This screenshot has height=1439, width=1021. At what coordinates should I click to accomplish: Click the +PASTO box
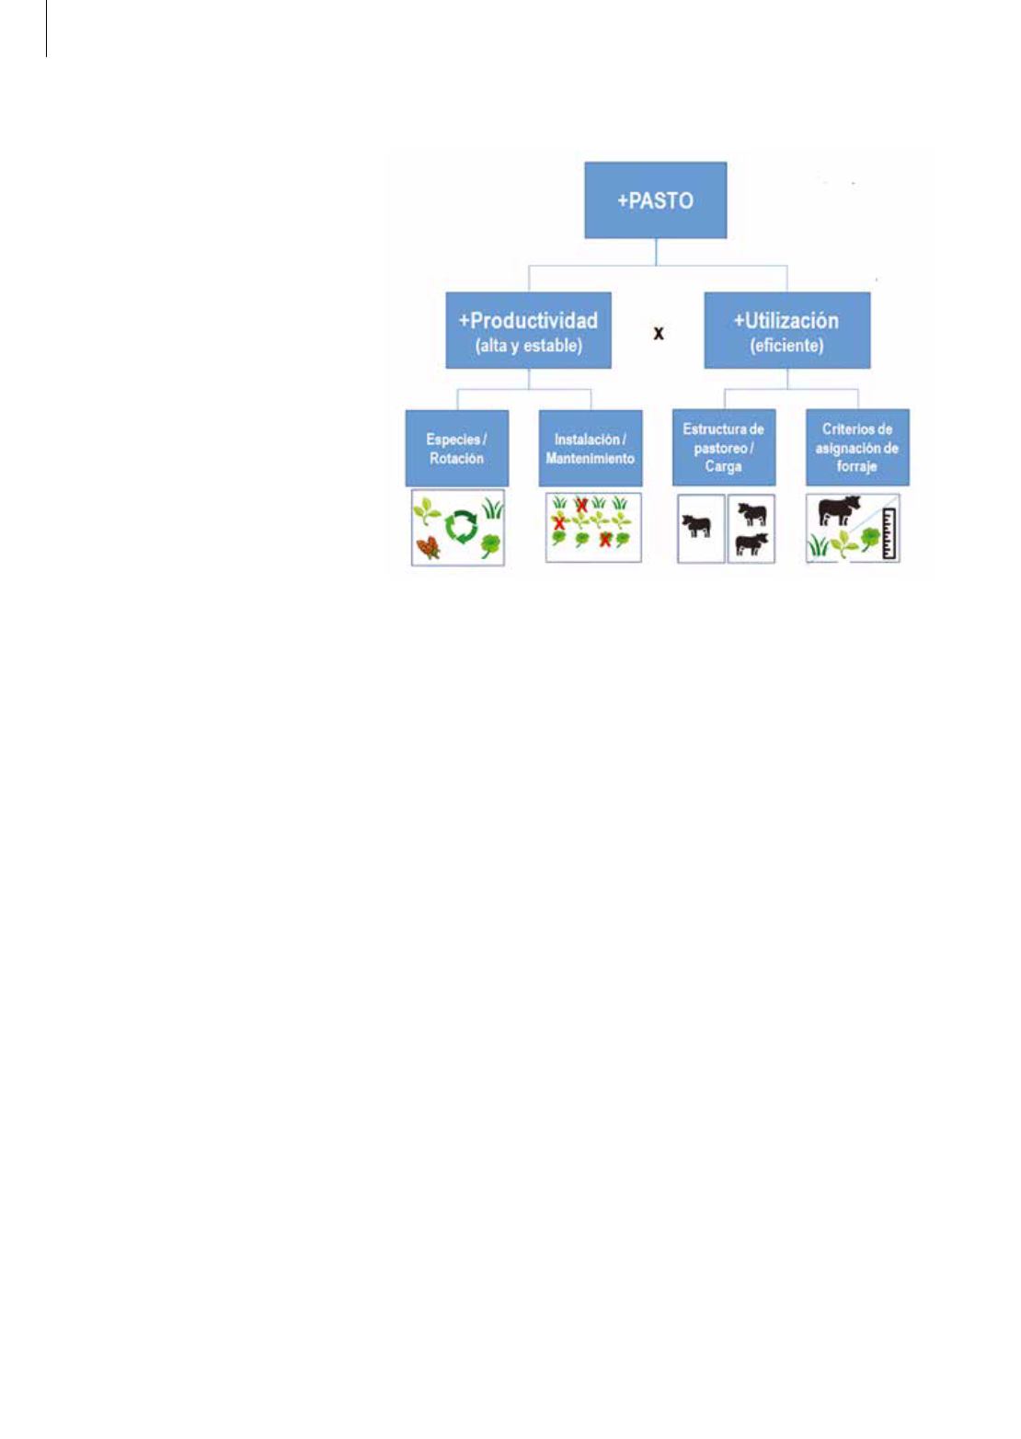[656, 200]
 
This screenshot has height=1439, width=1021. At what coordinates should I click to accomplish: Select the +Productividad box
[528, 330]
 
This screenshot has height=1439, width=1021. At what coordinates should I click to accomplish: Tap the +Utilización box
[787, 330]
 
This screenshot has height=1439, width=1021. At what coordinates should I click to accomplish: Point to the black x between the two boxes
[658, 334]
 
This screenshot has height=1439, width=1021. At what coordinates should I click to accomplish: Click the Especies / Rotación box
[457, 448]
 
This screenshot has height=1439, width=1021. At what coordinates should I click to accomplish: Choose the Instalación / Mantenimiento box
[591, 448]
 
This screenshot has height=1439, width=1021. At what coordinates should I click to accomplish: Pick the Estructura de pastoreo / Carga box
[724, 447]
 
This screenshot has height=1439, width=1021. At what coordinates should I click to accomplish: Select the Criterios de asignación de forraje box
[857, 447]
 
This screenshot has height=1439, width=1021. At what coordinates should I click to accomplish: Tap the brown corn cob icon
[429, 548]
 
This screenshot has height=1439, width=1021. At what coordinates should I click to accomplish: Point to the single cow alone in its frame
[696, 526]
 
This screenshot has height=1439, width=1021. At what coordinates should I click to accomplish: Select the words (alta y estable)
[528, 346]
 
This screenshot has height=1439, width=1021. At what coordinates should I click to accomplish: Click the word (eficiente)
[786, 346]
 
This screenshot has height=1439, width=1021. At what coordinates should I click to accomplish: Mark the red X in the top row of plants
[581, 506]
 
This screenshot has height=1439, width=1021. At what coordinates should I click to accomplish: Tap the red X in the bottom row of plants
[604, 541]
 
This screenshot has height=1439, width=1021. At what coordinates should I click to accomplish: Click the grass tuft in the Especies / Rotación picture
[493, 508]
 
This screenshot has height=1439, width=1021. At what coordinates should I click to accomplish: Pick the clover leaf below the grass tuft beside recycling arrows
[491, 545]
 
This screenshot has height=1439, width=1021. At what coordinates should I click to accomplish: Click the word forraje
[856, 466]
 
